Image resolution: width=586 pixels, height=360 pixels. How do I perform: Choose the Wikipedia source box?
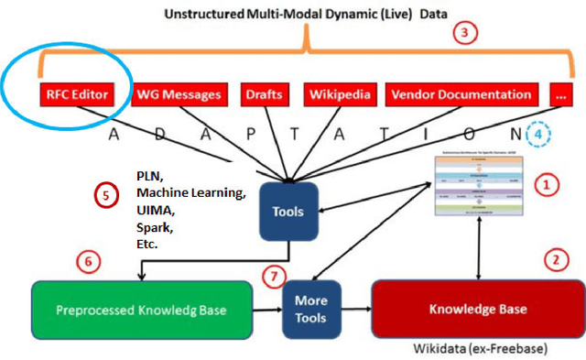point(335,94)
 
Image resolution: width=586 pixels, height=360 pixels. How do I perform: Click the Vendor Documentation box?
point(460,94)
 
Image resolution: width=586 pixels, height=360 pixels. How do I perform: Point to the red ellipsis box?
point(561,94)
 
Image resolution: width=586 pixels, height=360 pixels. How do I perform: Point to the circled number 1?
point(547,185)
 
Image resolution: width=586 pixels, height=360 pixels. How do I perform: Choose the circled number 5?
point(108,195)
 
